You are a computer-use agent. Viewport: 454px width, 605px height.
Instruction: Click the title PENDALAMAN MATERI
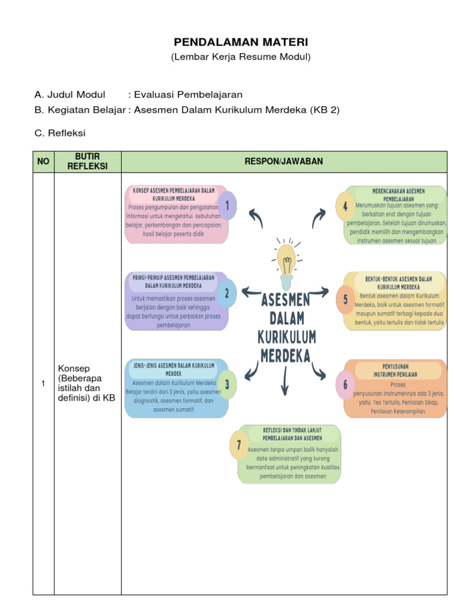[x=241, y=43]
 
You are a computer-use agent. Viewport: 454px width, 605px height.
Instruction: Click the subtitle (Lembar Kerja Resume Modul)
[x=241, y=57]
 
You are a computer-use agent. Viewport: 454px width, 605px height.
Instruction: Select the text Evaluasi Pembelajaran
[x=188, y=95]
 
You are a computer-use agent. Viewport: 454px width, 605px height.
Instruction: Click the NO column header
[x=43, y=162]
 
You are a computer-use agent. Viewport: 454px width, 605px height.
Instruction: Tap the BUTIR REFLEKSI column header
[x=87, y=162]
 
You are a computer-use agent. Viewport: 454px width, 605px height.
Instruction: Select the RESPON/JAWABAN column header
[x=284, y=162]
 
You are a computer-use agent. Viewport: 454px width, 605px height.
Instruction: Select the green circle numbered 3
[x=227, y=385]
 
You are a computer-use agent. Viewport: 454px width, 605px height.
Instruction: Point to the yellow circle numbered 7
[x=239, y=447]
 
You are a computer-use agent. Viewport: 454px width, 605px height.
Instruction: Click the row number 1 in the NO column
[x=43, y=385]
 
